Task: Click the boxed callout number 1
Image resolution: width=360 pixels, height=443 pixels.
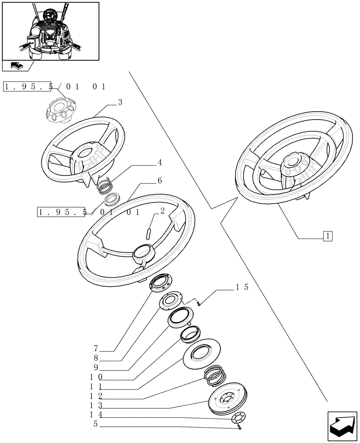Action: coord(328,236)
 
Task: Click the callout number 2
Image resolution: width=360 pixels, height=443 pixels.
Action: coord(162,211)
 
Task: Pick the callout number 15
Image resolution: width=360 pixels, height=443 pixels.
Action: coord(242,287)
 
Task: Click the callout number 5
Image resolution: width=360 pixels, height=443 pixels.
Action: coord(96,424)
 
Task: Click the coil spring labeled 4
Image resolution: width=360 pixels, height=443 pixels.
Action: coord(106,183)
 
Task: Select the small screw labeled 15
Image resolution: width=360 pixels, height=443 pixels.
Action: coord(200,303)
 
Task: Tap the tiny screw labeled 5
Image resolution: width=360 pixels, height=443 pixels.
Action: coord(239,427)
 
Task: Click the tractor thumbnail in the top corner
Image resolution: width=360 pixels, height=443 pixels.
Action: coord(50,31)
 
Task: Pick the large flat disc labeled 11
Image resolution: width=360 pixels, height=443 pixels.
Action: coord(200,355)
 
